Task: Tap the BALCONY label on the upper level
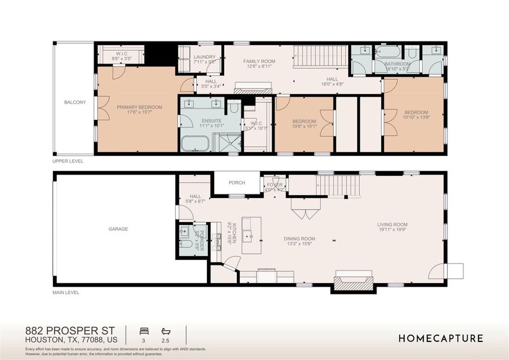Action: point(75,103)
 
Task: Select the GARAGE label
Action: point(118,229)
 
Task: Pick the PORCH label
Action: point(237,182)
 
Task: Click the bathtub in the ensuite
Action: point(194,144)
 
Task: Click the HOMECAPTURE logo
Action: point(441,338)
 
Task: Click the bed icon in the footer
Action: point(144,331)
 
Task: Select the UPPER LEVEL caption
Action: point(68,161)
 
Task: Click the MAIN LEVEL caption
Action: point(66,293)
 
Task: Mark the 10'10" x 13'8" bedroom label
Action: point(415,115)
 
